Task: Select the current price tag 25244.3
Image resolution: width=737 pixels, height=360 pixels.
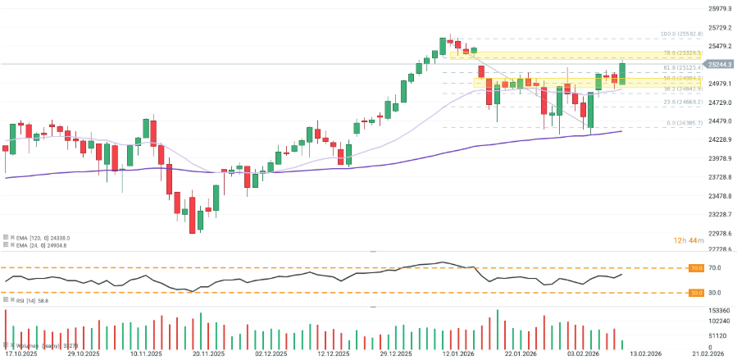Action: pyautogui.click(x=720, y=64)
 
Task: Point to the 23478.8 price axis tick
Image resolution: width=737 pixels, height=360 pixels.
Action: pyautogui.click(x=720, y=196)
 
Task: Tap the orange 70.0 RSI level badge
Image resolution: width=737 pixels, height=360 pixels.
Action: pyautogui.click(x=695, y=268)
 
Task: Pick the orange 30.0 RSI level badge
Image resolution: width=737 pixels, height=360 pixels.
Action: pyautogui.click(x=695, y=293)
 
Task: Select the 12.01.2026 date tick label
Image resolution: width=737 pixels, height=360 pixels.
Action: pyautogui.click(x=455, y=354)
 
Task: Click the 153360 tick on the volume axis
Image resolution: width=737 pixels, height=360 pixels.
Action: pyautogui.click(x=719, y=312)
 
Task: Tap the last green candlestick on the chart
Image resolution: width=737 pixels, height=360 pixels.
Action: pyautogui.click(x=623, y=72)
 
